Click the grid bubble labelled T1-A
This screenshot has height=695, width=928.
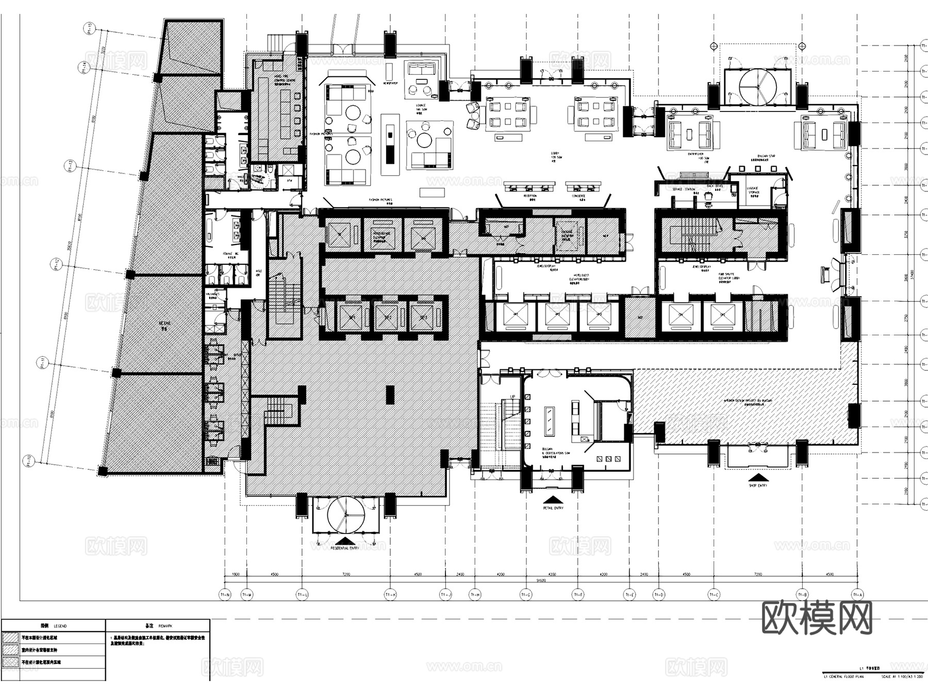(x=857, y=595)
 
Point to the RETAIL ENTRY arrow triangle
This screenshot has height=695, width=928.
(x=552, y=500)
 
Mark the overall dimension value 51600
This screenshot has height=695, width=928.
(x=541, y=580)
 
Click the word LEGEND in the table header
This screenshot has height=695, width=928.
(x=60, y=626)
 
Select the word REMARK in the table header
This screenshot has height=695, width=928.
(x=166, y=626)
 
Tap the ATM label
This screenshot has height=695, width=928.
(x=289, y=181)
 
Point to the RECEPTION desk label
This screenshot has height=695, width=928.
(x=530, y=196)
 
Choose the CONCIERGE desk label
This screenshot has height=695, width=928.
(x=578, y=196)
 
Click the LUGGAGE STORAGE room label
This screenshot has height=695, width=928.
(x=753, y=190)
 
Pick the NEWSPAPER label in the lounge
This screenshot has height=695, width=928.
(x=389, y=83)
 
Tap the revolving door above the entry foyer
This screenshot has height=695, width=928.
(x=757, y=86)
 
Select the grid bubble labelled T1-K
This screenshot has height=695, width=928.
(x=390, y=595)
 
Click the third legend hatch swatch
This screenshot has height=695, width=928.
(x=10, y=662)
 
